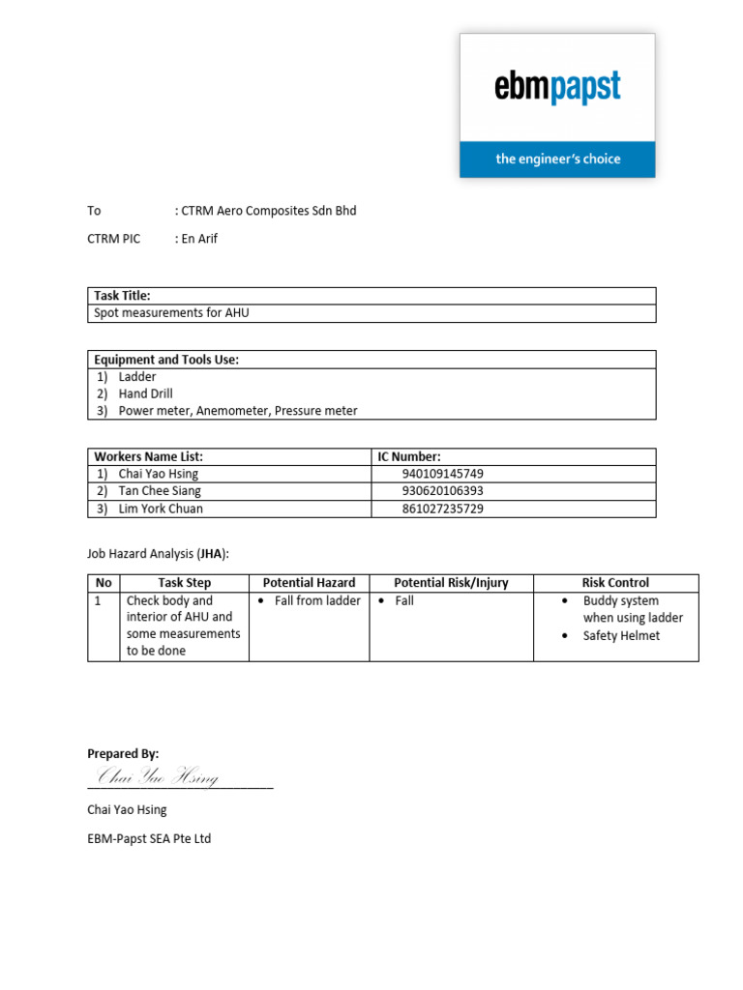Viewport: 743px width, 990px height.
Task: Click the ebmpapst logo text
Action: point(557,89)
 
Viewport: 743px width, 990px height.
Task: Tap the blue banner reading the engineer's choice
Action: point(557,159)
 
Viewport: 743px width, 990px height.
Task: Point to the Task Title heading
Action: point(122,296)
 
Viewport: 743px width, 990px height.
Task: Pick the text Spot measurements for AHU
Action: point(171,313)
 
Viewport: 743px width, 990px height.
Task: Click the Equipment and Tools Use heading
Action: point(166,360)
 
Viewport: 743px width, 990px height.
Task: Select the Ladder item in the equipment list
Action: point(137,377)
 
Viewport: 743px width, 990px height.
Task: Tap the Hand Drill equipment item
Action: point(146,393)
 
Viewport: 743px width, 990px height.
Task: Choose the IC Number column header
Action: point(409,456)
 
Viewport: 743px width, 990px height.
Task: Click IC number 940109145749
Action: point(442,474)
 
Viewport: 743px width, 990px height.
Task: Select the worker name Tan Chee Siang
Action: point(160,491)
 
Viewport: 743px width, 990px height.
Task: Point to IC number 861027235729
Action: point(442,509)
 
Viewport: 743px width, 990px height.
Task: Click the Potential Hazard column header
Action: point(309,583)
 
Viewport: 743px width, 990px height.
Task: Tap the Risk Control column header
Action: point(615,583)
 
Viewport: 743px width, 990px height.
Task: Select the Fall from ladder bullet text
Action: point(317,600)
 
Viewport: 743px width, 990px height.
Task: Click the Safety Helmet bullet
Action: point(621,635)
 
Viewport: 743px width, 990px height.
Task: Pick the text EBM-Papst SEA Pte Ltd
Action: point(149,839)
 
